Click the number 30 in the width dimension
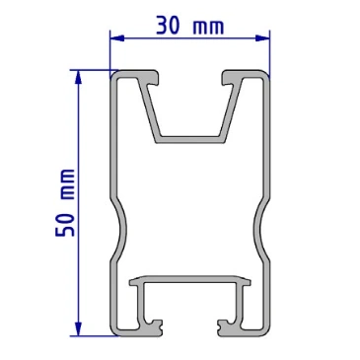[168, 26]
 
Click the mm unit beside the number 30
[208, 28]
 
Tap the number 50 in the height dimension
[65, 226]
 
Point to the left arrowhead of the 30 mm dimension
[117, 38]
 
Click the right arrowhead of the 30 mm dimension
[262, 38]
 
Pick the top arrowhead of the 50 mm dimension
[78, 77]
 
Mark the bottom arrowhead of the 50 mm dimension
[78, 329]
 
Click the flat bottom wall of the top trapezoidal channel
[190, 139]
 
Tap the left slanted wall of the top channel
[149, 110]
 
